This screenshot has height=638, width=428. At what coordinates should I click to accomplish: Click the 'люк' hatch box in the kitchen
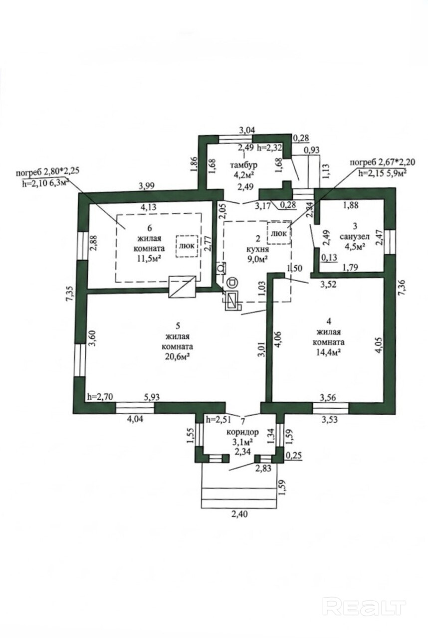tap(279, 232)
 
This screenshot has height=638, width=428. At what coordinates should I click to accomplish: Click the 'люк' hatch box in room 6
tap(187, 246)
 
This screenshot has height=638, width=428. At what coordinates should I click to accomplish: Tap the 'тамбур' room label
tap(244, 165)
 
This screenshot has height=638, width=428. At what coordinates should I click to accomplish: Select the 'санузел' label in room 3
tap(355, 236)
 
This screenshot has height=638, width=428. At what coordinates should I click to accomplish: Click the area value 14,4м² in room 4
tap(329, 352)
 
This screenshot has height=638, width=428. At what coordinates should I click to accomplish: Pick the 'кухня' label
tap(257, 249)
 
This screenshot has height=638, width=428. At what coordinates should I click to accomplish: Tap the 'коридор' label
tap(242, 432)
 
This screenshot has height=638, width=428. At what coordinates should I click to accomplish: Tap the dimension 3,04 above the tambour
tap(247, 130)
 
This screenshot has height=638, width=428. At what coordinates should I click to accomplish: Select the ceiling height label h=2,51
tap(218, 419)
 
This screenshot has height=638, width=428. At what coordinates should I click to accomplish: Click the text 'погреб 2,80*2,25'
tap(47, 172)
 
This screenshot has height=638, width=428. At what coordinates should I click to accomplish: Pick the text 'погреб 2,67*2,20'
tap(383, 162)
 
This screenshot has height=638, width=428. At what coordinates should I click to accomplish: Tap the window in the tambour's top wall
tap(235, 139)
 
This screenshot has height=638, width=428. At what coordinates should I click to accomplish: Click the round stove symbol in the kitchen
tap(232, 283)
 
